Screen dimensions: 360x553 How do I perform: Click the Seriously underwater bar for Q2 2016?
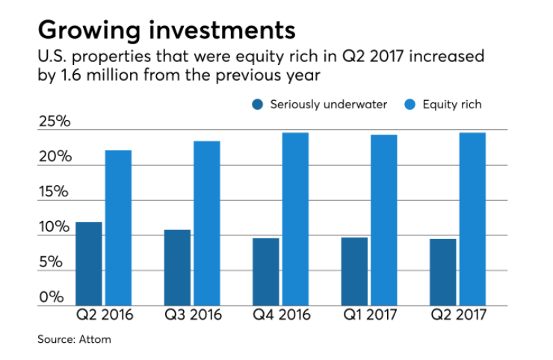pos(89,264)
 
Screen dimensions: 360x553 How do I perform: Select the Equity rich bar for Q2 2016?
pos(118,228)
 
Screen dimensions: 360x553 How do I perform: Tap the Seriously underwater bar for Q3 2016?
pos(177,267)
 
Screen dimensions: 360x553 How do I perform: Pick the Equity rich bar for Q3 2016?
pos(207,223)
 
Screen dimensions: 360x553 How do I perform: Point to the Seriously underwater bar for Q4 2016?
pos(266,272)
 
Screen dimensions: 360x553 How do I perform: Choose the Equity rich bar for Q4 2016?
pos(295,219)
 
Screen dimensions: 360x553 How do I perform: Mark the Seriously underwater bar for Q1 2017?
pos(354,271)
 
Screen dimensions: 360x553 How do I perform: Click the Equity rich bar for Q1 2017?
pos(384,220)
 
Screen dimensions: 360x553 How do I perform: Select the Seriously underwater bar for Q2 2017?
pos(442,272)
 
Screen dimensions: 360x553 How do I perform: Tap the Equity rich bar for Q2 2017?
pos(472,219)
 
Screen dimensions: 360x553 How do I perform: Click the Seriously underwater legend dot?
pos(258,105)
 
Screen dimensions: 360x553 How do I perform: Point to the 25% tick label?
pos(54,122)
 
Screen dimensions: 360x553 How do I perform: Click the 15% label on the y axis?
pos(54,192)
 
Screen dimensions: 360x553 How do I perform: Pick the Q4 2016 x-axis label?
pos(280,315)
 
